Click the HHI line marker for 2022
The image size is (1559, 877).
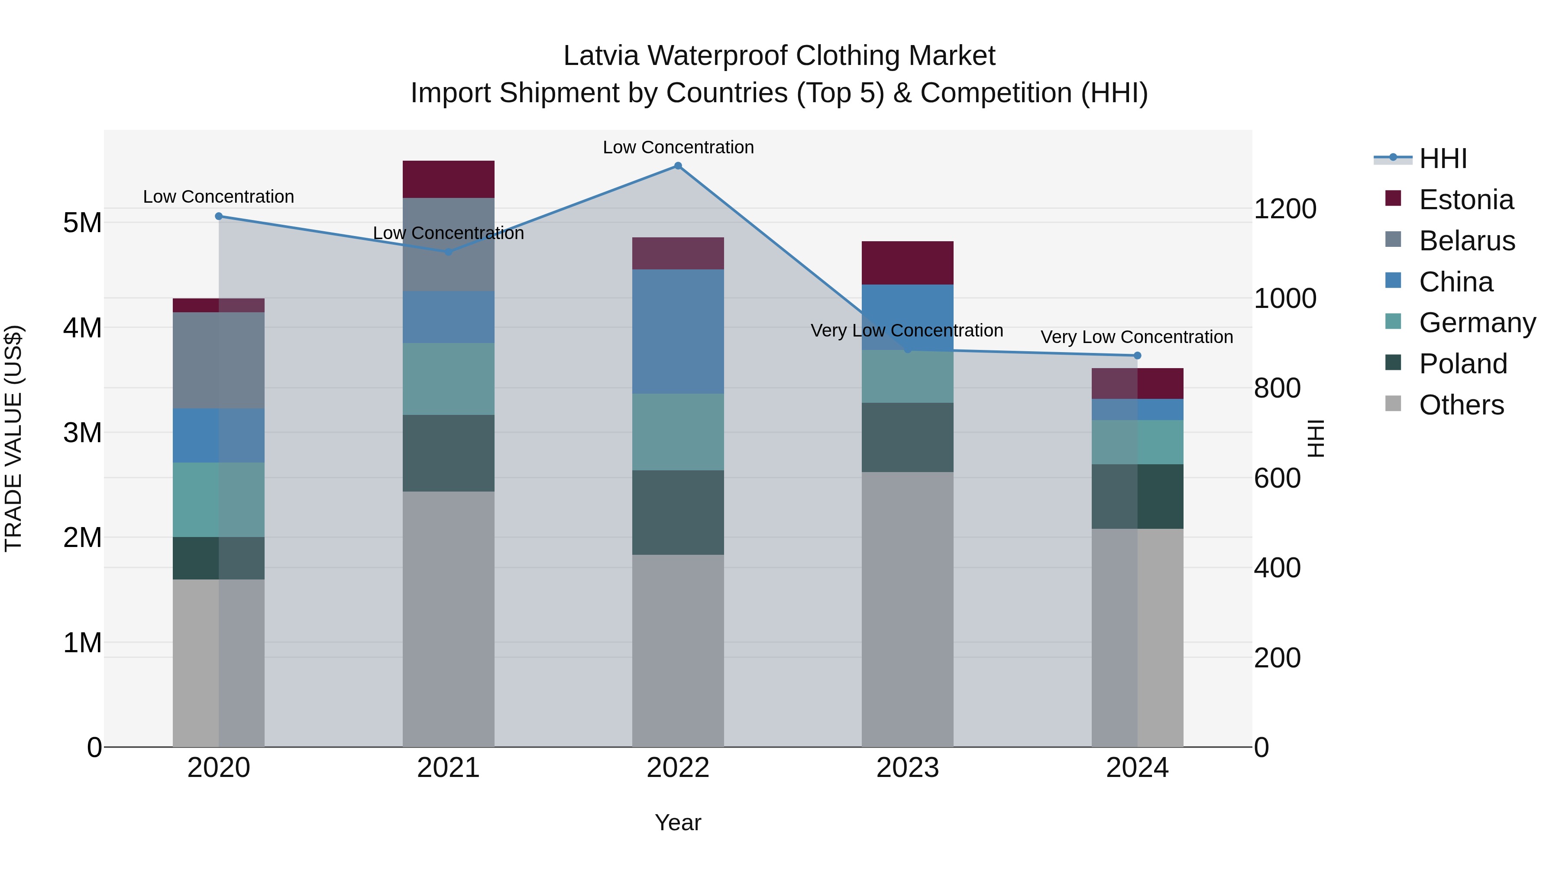pos(678,166)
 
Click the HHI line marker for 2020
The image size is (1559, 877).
pos(219,216)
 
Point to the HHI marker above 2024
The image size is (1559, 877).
pos(1137,355)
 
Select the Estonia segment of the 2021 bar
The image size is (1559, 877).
pos(449,179)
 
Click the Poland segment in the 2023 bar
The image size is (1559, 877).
pos(907,437)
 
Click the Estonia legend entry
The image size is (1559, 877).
pos(1466,200)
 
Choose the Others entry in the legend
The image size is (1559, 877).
pos(1461,405)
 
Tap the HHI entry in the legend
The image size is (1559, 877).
pos(1443,159)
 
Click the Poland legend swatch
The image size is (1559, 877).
pos(1393,363)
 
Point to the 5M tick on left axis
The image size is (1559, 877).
pos(82,223)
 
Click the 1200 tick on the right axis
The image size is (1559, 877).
pos(1284,209)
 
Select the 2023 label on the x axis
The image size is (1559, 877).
pos(907,768)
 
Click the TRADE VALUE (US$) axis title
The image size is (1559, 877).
pos(13,438)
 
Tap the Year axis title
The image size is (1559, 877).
pos(678,822)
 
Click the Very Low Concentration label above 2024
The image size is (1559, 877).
pos(1137,337)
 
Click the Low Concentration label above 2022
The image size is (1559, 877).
pos(678,147)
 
